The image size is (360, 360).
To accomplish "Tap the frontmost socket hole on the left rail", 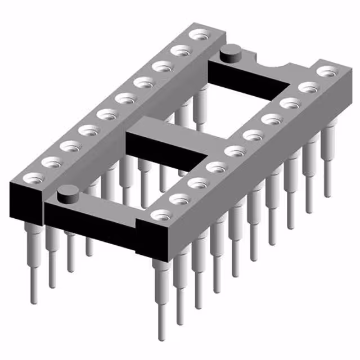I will point(34,179).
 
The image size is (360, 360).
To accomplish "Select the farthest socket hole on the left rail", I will point(198,35).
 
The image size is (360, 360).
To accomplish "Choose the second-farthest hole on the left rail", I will point(180,51).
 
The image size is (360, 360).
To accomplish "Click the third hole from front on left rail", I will point(71,147).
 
